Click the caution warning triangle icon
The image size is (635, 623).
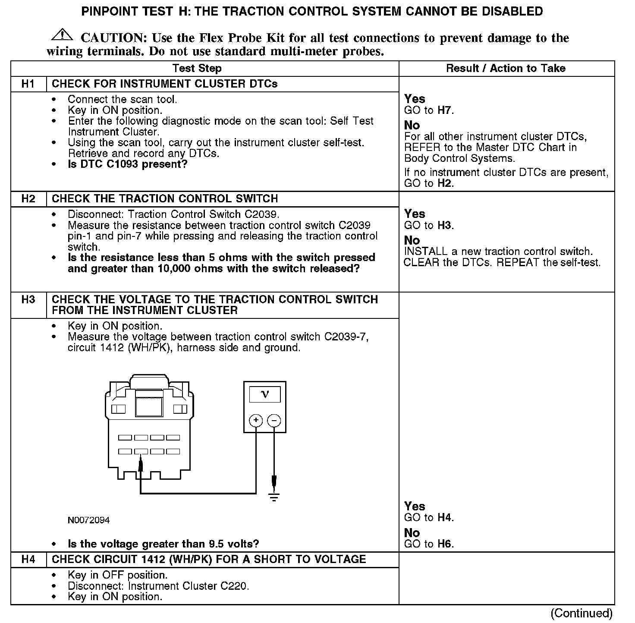tap(63, 34)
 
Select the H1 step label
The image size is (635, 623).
tap(28, 84)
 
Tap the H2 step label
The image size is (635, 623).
tap(28, 198)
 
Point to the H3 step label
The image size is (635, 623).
tap(28, 299)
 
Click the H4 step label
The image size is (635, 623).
tap(28, 559)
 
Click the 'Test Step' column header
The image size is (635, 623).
tap(197, 68)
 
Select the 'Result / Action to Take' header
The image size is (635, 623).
tap(506, 68)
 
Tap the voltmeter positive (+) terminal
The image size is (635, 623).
tap(256, 420)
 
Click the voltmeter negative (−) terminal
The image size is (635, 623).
tap(274, 420)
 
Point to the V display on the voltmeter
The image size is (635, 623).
tap(265, 394)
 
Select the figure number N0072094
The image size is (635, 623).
tap(89, 520)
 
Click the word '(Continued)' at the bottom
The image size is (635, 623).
tap(582, 613)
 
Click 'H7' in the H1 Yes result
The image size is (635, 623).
tap(444, 110)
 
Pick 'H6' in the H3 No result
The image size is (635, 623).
tap(444, 544)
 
